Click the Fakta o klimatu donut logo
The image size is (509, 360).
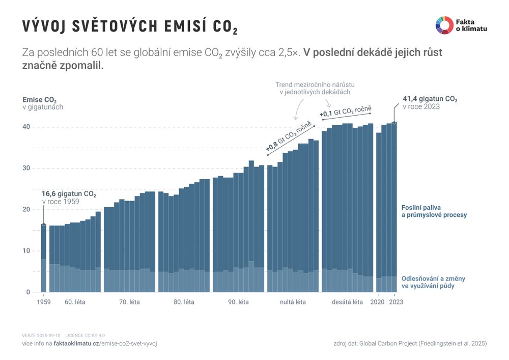(x=444, y=25)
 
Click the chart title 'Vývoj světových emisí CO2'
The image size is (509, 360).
(x=130, y=27)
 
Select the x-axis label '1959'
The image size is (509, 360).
(x=43, y=302)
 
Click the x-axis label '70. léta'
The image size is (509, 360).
(x=129, y=302)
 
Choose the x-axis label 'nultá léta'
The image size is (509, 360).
(x=293, y=302)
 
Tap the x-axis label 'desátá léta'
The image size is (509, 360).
(x=347, y=302)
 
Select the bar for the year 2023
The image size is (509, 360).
(x=394, y=204)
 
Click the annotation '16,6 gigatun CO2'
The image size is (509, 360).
(x=69, y=194)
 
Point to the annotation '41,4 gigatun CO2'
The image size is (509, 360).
(x=430, y=99)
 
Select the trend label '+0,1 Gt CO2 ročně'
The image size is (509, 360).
(x=346, y=111)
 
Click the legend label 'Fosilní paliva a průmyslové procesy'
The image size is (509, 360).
(x=434, y=211)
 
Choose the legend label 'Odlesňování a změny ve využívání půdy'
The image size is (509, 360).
(x=433, y=283)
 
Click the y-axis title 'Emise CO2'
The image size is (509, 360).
(x=40, y=100)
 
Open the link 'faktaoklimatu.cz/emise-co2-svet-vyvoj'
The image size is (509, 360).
(x=105, y=344)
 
